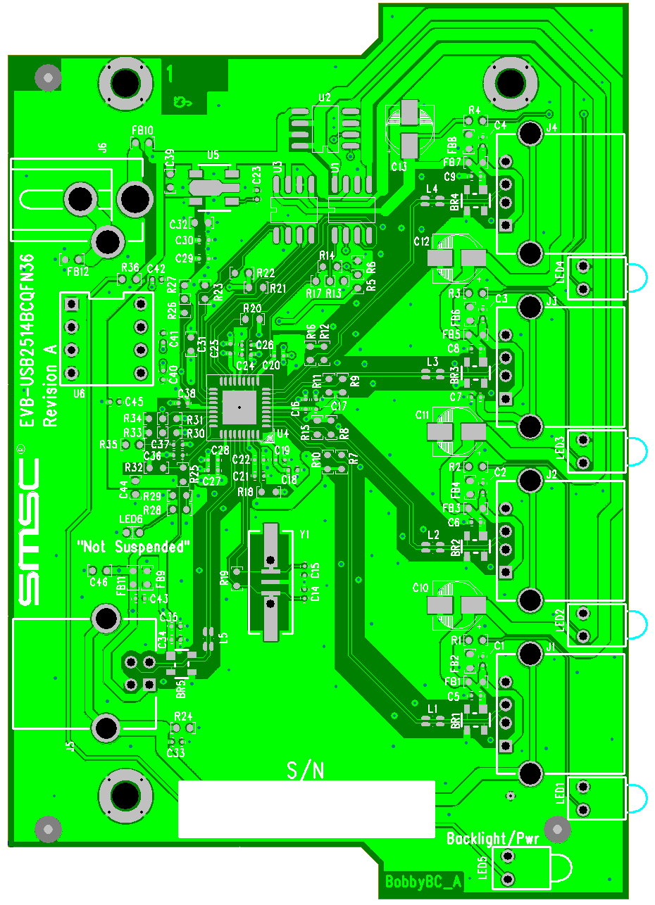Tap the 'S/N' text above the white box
306,771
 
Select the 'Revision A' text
50,386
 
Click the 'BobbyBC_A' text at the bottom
423,881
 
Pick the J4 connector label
551,127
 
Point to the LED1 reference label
561,793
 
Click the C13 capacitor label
399,167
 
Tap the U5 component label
213,156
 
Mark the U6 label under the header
79,393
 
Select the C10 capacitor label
421,586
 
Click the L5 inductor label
224,638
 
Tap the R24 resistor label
183,716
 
